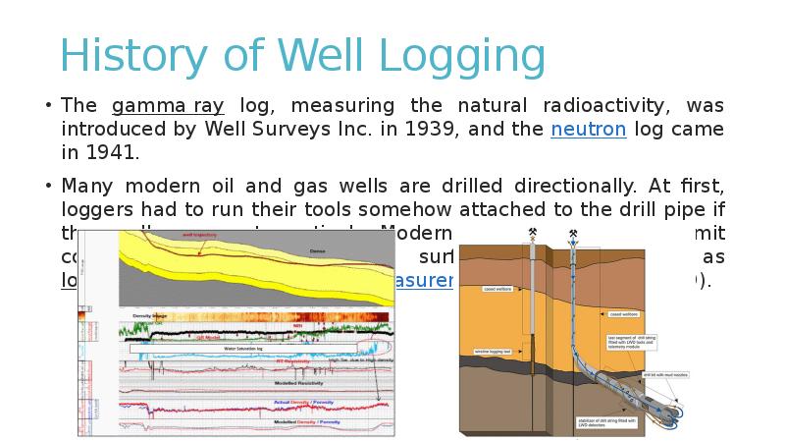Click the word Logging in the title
[x=462, y=58]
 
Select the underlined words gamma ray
[x=168, y=106]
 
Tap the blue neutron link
[x=588, y=130]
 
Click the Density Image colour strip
[x=260, y=317]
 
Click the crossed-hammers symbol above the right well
[x=572, y=234]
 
